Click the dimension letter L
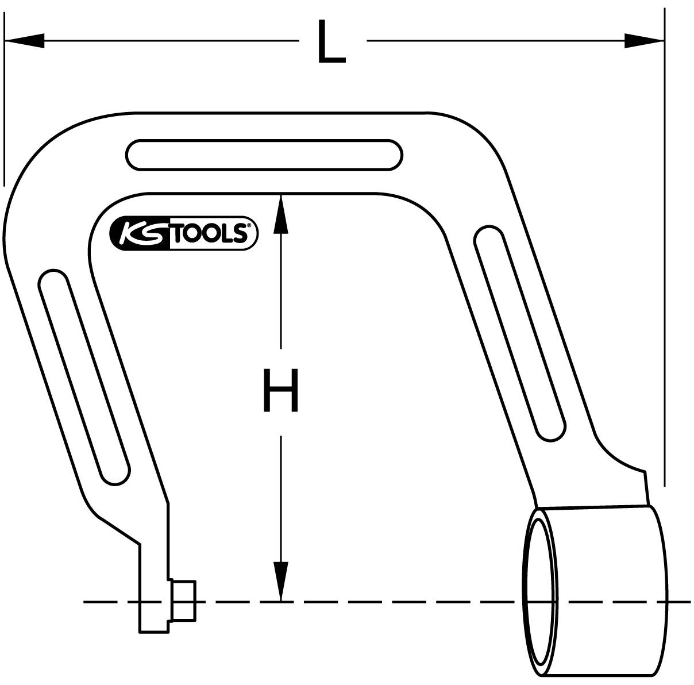[331, 42]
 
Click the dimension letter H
[280, 391]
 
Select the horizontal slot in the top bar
[264, 155]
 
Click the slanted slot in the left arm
[84, 377]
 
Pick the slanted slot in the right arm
[520, 333]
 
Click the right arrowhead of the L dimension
[644, 41]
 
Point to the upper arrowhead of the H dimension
[280, 213]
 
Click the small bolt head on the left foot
[183, 601]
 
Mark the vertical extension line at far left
[4, 98]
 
